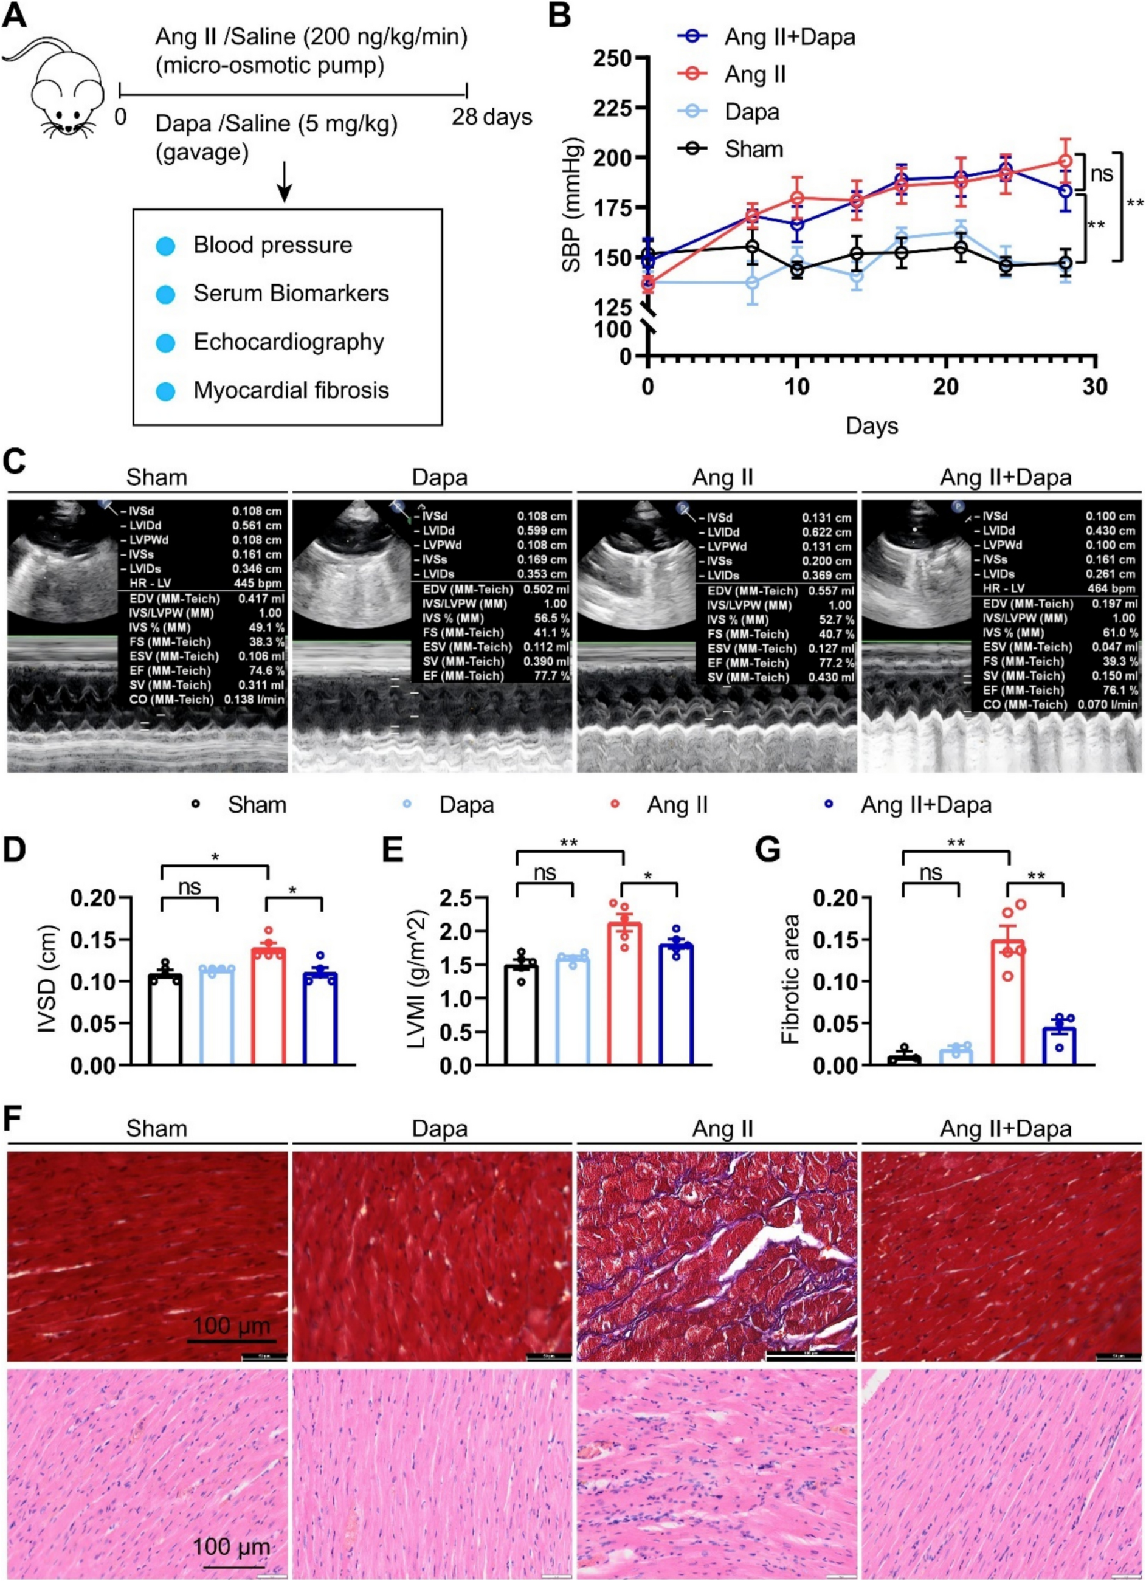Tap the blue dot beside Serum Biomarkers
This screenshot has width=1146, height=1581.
coord(165,294)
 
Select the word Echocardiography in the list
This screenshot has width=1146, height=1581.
coord(289,342)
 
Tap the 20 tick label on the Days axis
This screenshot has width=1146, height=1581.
coord(945,385)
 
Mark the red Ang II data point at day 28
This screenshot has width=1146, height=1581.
coord(1065,161)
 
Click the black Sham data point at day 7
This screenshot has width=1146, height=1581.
coord(751,247)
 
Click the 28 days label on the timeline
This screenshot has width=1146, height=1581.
coord(491,117)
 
